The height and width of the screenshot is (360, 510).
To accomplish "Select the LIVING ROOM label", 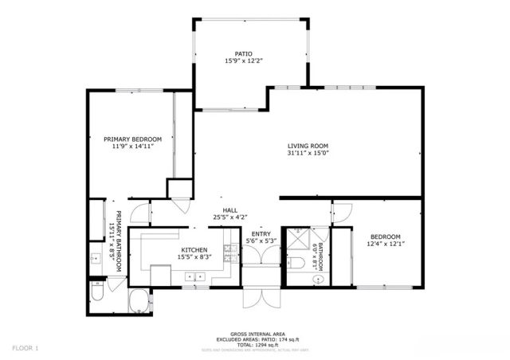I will [308, 145].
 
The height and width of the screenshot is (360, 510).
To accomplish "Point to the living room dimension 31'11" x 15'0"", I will [308, 153].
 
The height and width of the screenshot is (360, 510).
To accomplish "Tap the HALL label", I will [230, 209].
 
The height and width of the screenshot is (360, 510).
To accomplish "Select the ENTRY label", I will [261, 233].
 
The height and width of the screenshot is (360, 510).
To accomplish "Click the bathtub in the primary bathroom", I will [140, 302].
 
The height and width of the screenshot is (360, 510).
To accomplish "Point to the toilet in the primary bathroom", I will [97, 295].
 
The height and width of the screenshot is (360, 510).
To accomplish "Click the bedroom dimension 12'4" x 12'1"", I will [384, 245].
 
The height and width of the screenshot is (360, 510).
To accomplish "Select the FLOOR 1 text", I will [25, 348].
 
